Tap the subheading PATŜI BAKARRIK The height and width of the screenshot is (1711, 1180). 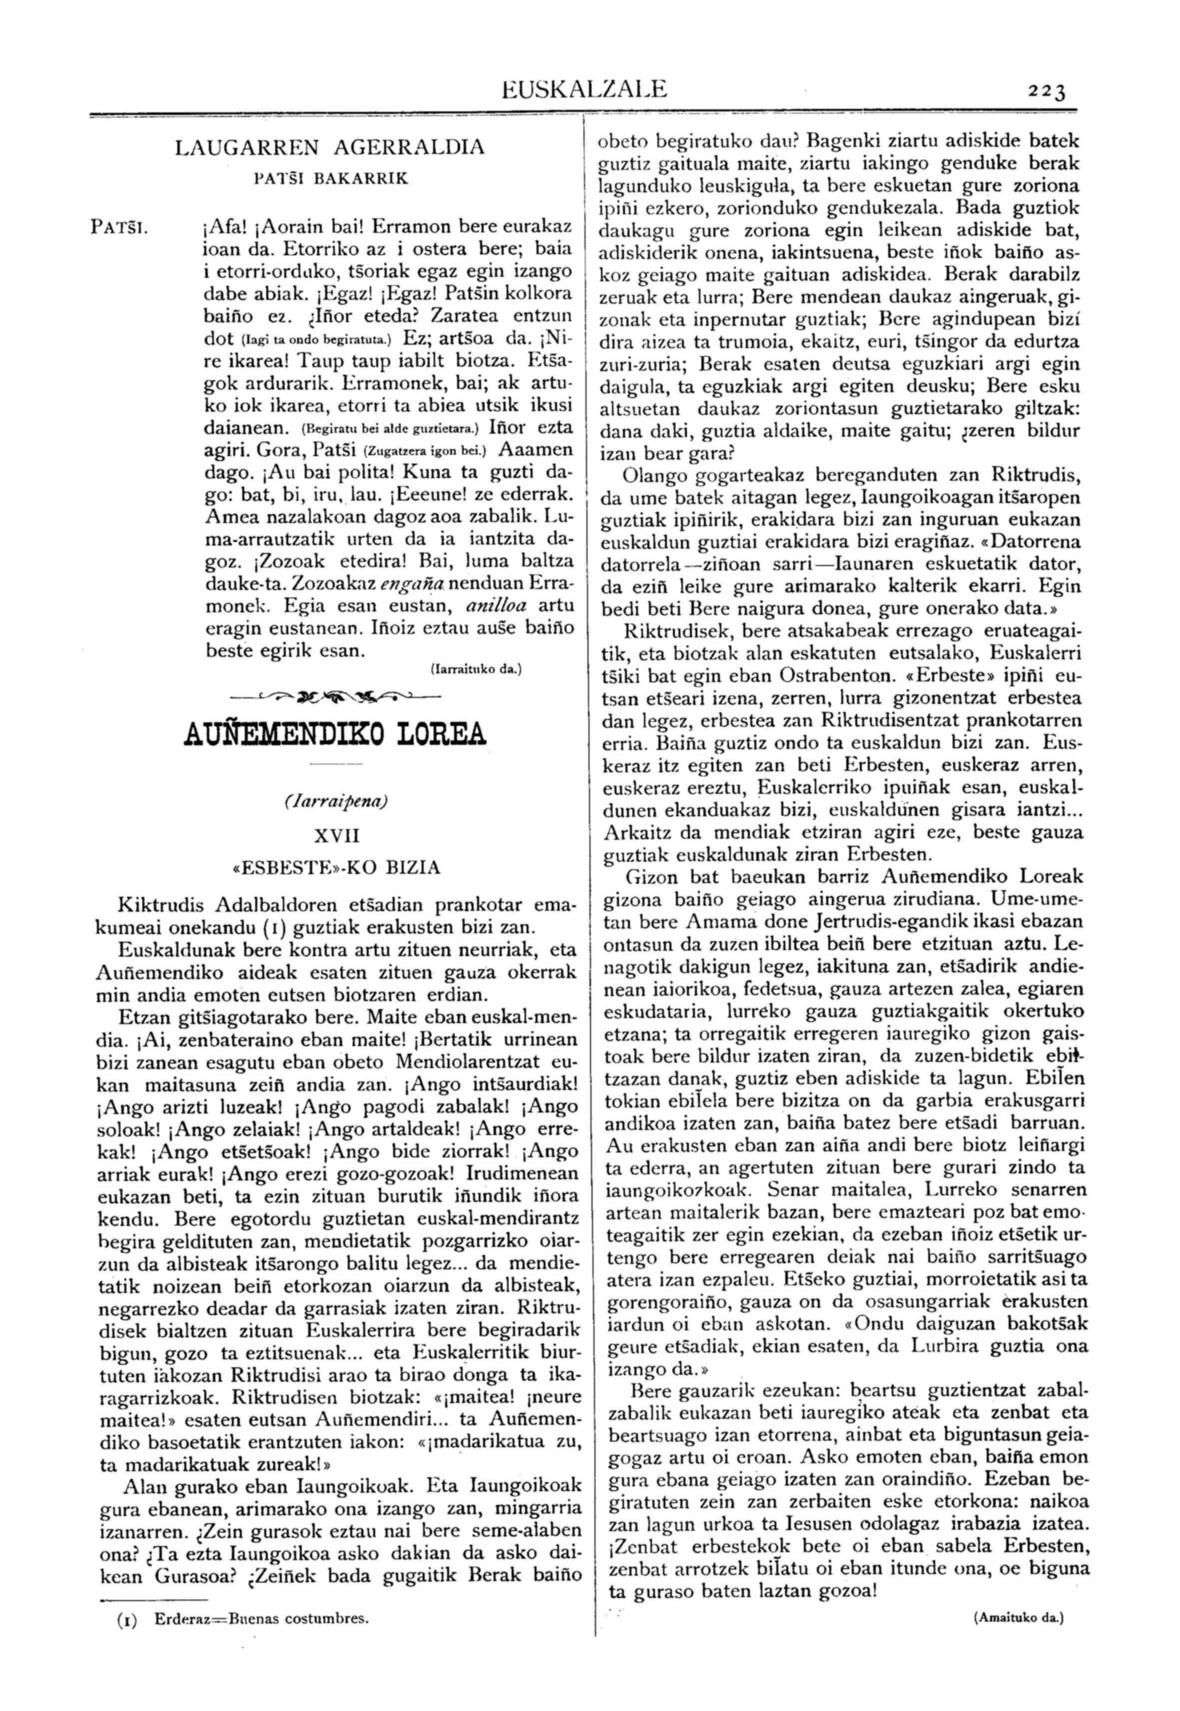click(x=330, y=179)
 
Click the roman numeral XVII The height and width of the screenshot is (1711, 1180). click(x=336, y=836)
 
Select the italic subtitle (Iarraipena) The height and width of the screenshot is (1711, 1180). click(x=336, y=801)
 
